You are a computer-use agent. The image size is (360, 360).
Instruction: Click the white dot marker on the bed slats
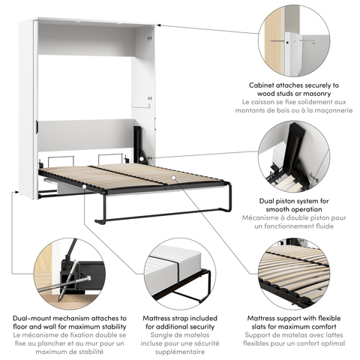173,178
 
